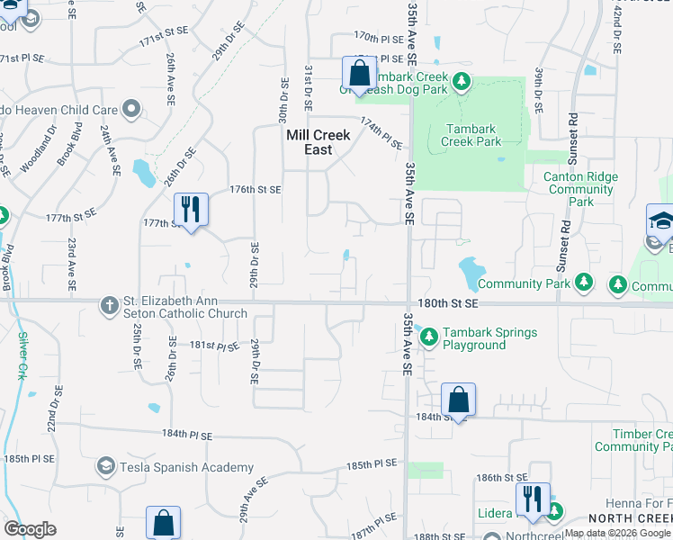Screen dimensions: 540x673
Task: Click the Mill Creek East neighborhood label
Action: tap(318, 142)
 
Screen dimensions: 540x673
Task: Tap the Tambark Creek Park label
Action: tap(472, 135)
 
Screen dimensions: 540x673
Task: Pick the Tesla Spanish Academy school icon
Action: tap(106, 466)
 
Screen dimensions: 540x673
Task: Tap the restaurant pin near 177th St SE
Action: tap(190, 210)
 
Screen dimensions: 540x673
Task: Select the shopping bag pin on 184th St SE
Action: tap(458, 399)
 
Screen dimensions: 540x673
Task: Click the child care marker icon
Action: tap(131, 110)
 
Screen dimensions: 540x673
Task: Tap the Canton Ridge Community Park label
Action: tap(580, 190)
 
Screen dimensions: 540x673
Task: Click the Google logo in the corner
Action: tap(30, 529)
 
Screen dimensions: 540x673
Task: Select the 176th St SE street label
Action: tap(256, 190)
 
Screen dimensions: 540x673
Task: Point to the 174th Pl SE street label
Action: tap(381, 131)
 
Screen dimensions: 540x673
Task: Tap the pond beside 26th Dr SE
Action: tap(144, 173)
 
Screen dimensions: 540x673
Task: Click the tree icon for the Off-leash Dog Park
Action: tap(461, 83)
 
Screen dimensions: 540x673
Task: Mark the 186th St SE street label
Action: tap(501, 477)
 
